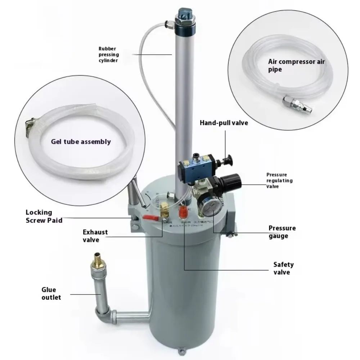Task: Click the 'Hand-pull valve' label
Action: [224, 123]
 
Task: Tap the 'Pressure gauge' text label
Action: [282, 232]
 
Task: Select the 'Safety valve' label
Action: [283, 269]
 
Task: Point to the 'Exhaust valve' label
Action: [95, 236]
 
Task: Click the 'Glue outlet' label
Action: [51, 293]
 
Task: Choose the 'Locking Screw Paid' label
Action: [44, 216]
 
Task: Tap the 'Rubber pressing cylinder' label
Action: [108, 54]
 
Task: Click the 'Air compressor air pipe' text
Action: [296, 65]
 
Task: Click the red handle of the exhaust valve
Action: [150, 217]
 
